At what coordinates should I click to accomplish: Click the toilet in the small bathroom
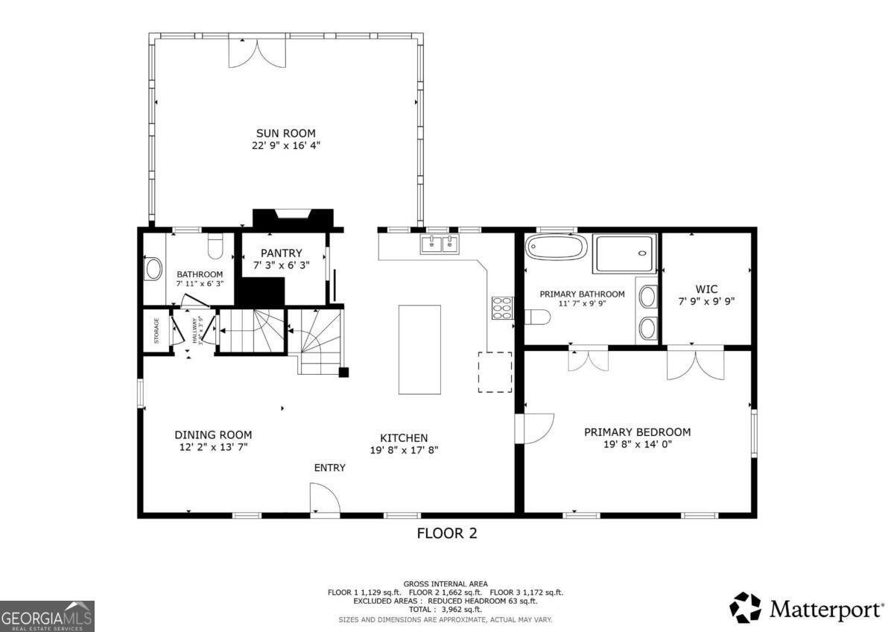(215, 245)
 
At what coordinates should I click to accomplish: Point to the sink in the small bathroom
(153, 268)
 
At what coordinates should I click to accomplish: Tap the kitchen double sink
(440, 244)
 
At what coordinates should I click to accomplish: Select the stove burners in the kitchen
(501, 307)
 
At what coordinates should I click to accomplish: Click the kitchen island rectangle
(419, 349)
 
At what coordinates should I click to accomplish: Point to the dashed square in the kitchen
(495, 371)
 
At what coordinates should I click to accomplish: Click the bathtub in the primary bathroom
(556, 247)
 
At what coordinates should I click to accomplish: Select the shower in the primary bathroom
(624, 253)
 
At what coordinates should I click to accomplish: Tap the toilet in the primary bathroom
(536, 317)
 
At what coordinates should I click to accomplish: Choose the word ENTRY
(329, 467)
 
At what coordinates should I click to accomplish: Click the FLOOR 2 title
(446, 533)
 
